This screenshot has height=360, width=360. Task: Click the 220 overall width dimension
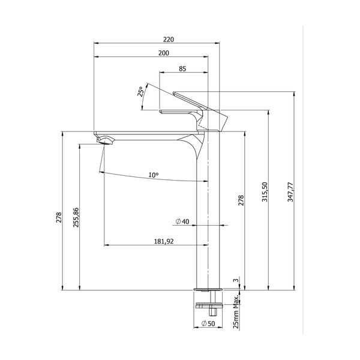tap(168, 39)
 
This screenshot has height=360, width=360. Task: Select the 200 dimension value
tap(163, 53)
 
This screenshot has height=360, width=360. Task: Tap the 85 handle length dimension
tap(182, 69)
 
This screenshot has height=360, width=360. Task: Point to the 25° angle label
tap(141, 92)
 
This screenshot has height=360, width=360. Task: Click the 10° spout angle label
tap(154, 175)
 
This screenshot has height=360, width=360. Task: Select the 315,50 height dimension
tap(264, 192)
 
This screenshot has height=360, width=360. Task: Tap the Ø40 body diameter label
tap(182, 222)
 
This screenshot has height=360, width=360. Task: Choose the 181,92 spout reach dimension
tap(163, 241)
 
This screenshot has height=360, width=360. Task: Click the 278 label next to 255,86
tap(59, 217)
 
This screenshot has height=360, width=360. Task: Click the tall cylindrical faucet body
tap(203, 228)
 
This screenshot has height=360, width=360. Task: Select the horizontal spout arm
tap(144, 136)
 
